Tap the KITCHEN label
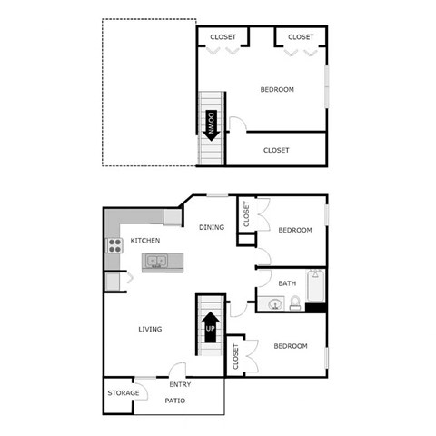(x=145, y=241)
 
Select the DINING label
(x=212, y=228)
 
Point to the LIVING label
(x=150, y=329)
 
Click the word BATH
(x=287, y=283)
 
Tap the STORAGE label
(x=124, y=393)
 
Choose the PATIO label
(x=176, y=400)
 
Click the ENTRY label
(x=180, y=384)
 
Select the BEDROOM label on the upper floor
(x=277, y=89)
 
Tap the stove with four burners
(x=114, y=244)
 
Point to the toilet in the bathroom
(x=295, y=304)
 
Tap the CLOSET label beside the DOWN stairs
(x=276, y=150)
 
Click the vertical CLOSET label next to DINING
(x=246, y=214)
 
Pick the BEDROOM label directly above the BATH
(x=294, y=230)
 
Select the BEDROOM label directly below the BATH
(x=290, y=346)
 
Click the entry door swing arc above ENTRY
(x=177, y=370)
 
